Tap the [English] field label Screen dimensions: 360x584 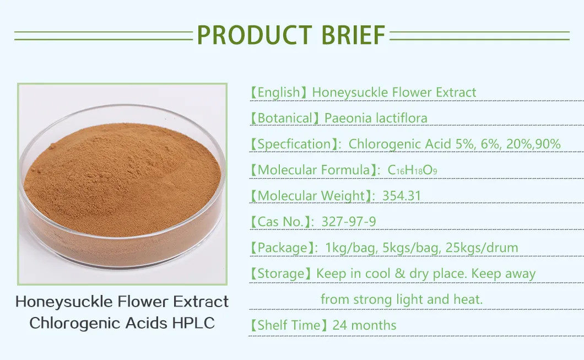[x=278, y=93]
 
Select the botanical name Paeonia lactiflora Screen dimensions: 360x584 [x=376, y=118]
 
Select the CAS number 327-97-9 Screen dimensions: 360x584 [x=349, y=222]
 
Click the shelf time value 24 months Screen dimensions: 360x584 [x=364, y=325]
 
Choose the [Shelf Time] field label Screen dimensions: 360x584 [x=288, y=325]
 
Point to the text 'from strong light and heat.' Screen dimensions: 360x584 [x=402, y=299]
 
